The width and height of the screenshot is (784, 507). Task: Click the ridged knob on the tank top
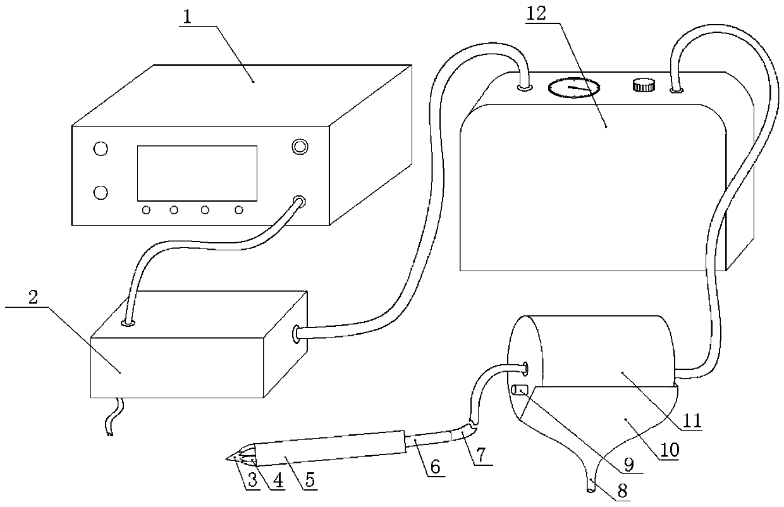tap(642, 83)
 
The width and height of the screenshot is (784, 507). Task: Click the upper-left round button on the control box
tap(100, 149)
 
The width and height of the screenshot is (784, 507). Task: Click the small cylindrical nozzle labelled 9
tap(520, 391)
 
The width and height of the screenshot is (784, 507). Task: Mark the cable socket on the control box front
tap(298, 203)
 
